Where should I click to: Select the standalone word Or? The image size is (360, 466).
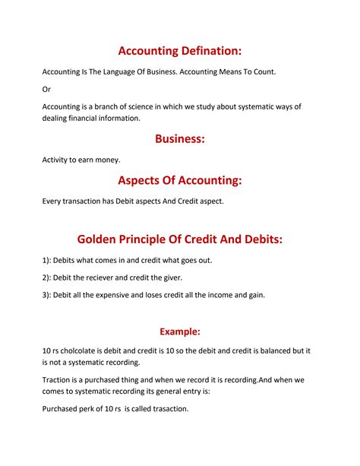pos(46,89)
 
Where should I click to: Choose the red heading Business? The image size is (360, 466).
pos(180,139)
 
